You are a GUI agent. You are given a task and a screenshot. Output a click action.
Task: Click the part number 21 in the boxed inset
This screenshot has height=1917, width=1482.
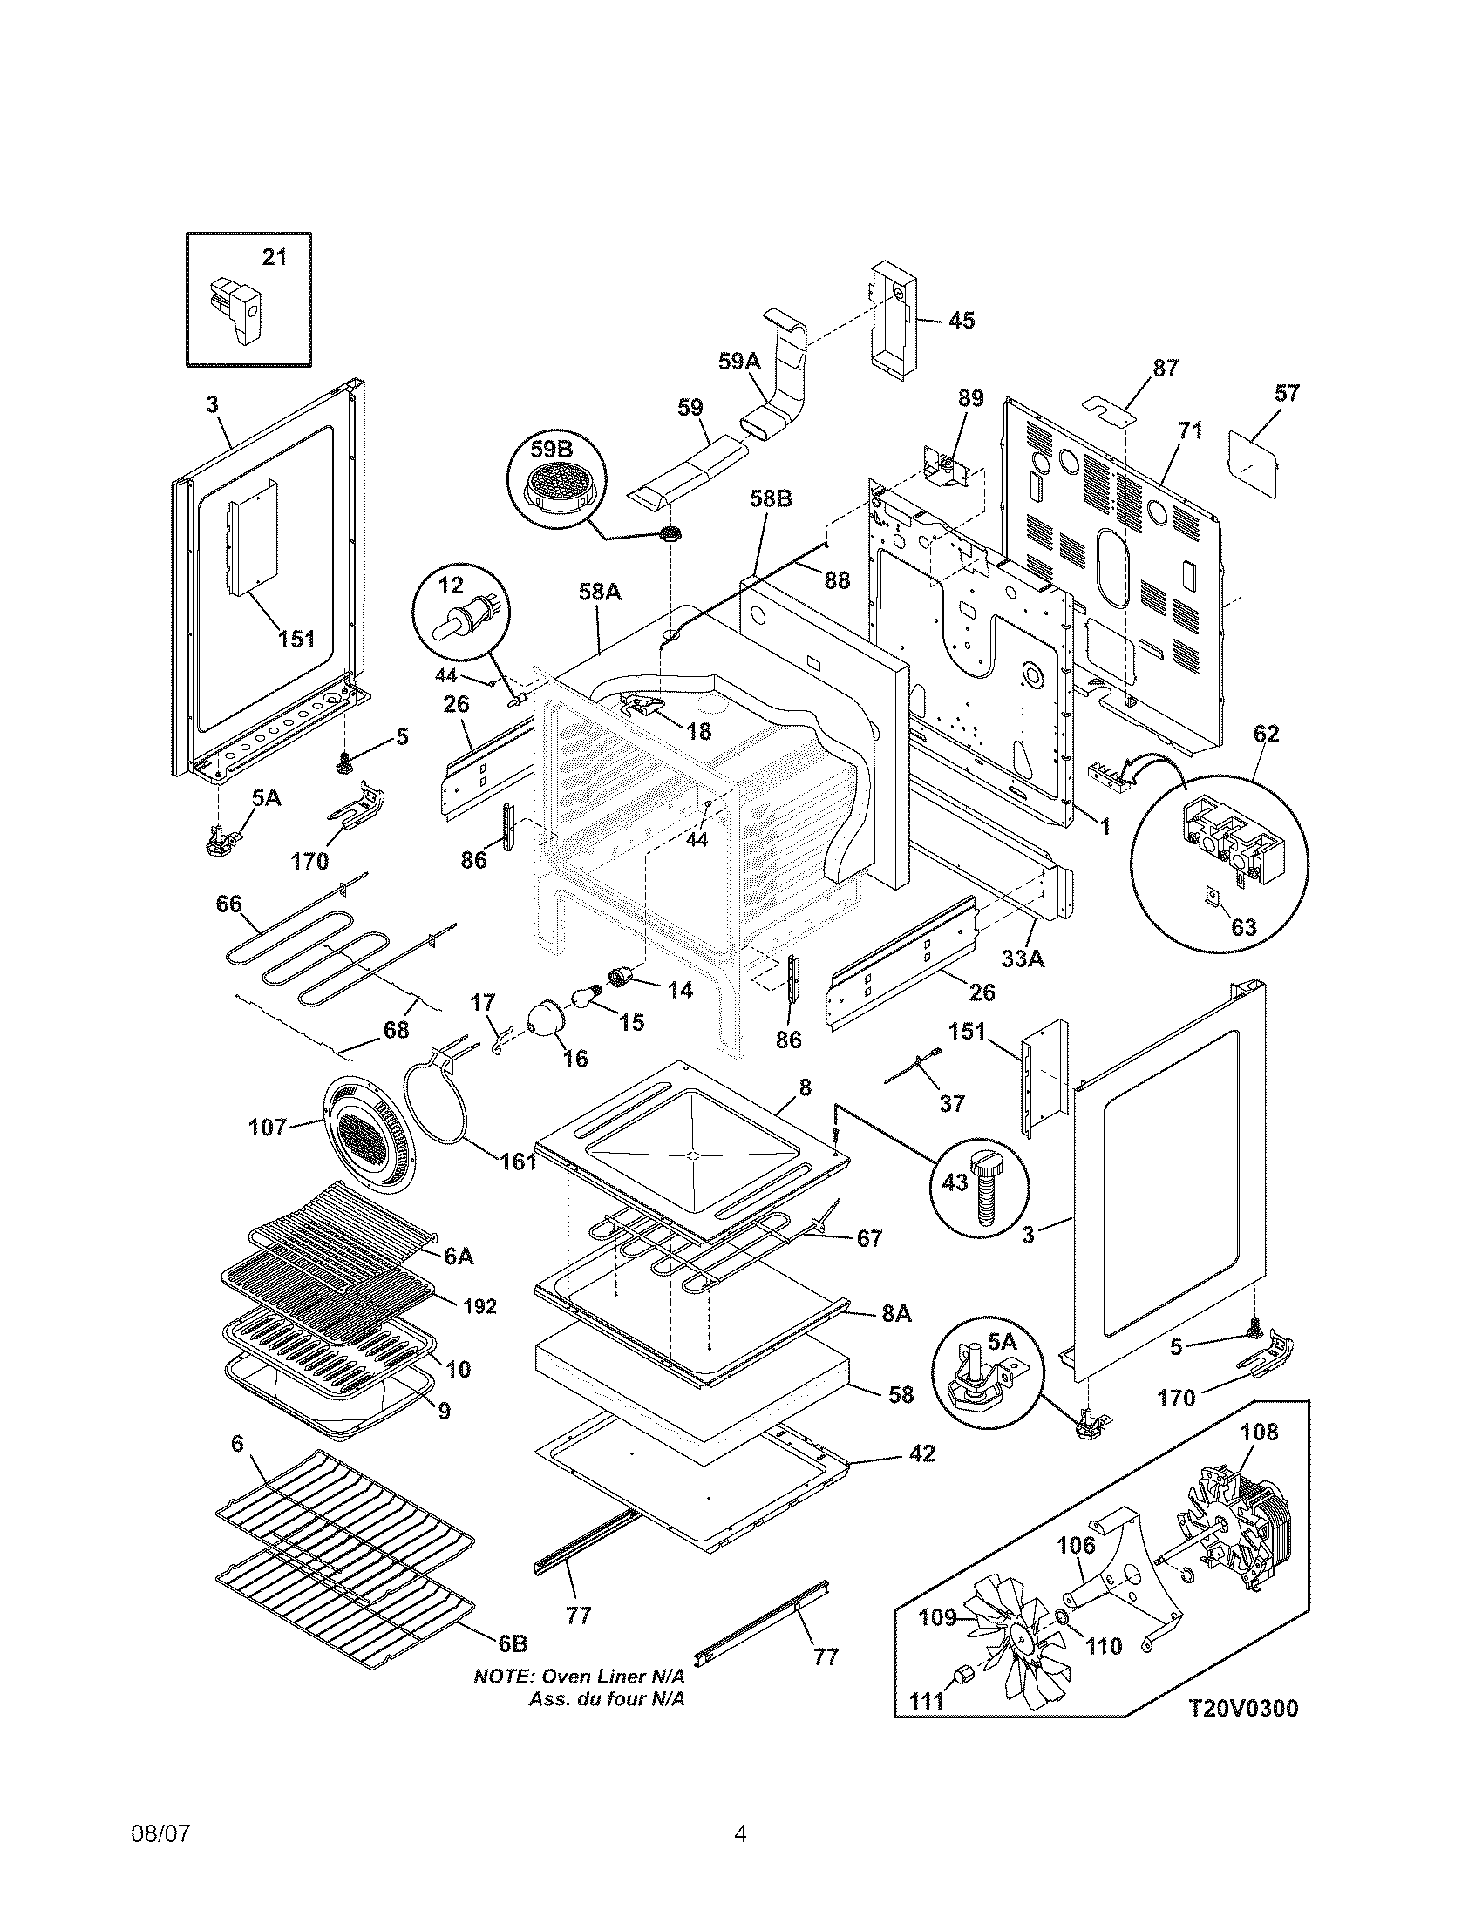[x=275, y=257]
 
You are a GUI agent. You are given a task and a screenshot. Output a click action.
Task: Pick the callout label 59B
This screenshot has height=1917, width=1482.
[x=550, y=450]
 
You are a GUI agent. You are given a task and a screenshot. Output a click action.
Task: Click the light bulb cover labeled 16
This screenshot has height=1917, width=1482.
[x=550, y=1020]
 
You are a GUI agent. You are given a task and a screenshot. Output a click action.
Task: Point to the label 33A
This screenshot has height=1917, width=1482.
[x=1023, y=959]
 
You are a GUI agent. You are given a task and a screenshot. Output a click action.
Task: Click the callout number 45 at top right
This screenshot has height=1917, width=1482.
[x=962, y=321]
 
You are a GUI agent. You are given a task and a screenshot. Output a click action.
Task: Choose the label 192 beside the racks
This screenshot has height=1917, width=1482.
[x=479, y=1331]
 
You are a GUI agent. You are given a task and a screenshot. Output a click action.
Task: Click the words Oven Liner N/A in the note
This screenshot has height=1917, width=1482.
[x=611, y=1677]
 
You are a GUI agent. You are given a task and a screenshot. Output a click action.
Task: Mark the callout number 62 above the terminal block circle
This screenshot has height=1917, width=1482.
[x=1266, y=733]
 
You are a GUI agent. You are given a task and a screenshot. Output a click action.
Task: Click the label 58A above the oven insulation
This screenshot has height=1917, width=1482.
[x=600, y=593]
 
